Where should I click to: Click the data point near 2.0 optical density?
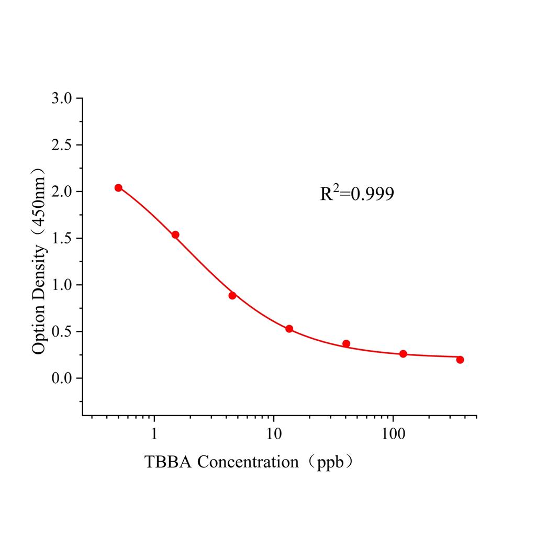[118, 188]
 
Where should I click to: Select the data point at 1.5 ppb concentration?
[175, 235]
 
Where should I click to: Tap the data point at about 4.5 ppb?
[232, 296]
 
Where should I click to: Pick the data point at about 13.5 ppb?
[289, 329]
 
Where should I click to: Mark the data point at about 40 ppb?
[346, 344]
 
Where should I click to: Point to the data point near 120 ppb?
[403, 354]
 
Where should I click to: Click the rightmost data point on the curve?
[460, 360]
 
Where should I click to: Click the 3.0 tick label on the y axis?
[63, 98]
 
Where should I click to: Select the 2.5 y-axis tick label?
[63, 145]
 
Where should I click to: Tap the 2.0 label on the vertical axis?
[63, 192]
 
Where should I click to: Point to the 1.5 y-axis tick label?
[63, 238]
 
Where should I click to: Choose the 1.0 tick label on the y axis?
[63, 285]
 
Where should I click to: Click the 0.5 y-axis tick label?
[63, 331]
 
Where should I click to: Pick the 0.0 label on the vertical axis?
[63, 378]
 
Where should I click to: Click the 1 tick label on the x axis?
[154, 434]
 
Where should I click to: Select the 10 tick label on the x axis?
[273, 434]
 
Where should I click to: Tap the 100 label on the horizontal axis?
[393, 434]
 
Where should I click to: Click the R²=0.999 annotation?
[357, 194]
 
